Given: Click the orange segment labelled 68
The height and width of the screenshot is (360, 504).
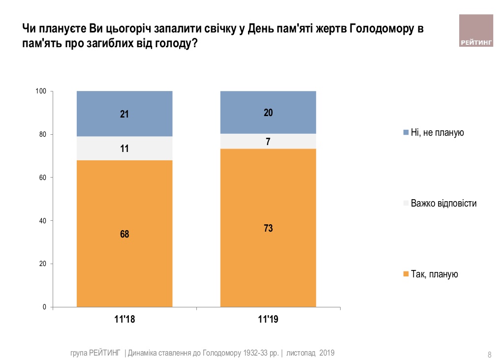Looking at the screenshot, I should [x=125, y=234].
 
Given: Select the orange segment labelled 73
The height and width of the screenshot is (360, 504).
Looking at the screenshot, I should [x=268, y=228].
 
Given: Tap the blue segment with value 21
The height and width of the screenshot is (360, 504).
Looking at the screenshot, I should [x=125, y=114].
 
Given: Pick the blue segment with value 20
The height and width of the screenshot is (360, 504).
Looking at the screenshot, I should [x=268, y=112].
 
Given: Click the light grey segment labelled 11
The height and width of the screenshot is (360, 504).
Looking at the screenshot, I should [x=125, y=148].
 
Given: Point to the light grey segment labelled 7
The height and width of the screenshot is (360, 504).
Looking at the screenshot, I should [x=268, y=141].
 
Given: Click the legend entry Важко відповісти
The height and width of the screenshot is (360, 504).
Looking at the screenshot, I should [x=443, y=203].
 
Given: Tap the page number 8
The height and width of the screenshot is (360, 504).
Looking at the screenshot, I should [x=489, y=354].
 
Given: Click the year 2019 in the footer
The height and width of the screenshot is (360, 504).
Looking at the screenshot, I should [x=327, y=353].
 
